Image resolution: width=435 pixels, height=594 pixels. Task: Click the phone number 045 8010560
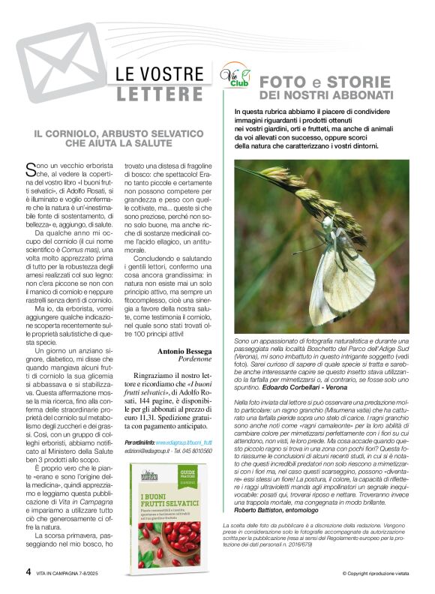196,451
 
